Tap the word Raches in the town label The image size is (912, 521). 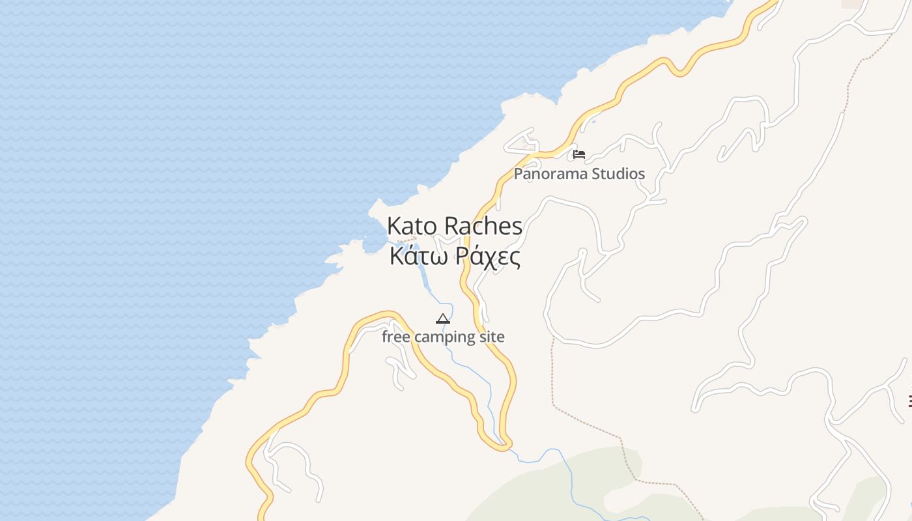(483, 226)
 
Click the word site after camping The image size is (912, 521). (492, 337)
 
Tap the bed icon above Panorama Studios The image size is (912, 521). (579, 154)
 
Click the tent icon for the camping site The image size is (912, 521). (443, 318)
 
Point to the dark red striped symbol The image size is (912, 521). (909, 401)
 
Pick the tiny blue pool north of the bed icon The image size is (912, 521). (593, 122)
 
